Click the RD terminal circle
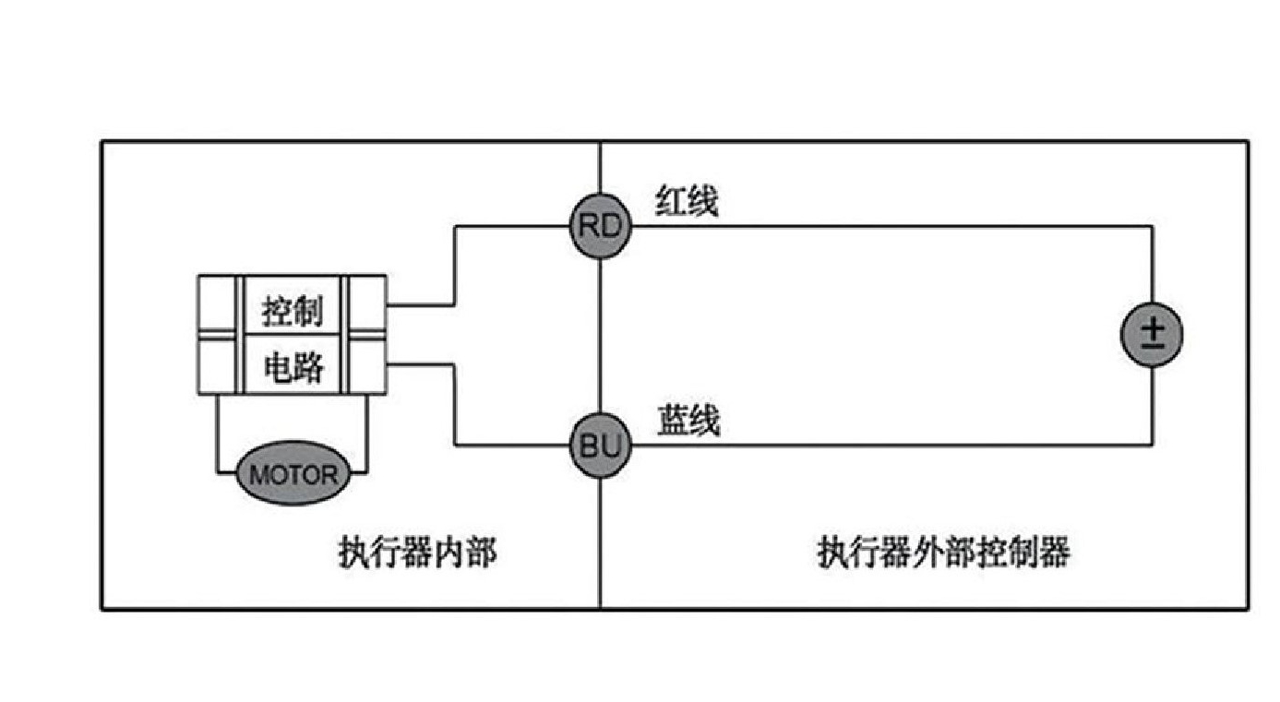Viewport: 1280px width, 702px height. click(x=600, y=226)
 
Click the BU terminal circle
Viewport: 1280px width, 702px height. click(x=600, y=446)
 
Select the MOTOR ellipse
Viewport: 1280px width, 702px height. click(x=293, y=475)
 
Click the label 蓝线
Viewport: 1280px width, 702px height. click(x=688, y=421)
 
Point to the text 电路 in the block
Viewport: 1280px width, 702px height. click(x=293, y=367)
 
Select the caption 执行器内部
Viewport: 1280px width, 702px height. click(x=417, y=553)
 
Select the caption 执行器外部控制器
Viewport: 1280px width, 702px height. click(x=943, y=553)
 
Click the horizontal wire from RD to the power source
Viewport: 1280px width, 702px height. click(x=886, y=226)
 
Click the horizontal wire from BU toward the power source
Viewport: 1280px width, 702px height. click(x=886, y=446)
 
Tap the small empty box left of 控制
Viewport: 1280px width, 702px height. click(x=219, y=305)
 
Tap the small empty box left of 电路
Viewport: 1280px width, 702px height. click(x=219, y=366)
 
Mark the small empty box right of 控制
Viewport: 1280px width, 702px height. click(x=366, y=305)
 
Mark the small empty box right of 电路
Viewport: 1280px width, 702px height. click(x=366, y=366)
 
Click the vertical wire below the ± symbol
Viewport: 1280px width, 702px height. click(x=1153, y=406)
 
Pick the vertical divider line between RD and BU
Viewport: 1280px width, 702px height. click(x=600, y=337)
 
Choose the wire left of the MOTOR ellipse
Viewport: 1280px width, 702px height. click(x=217, y=434)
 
